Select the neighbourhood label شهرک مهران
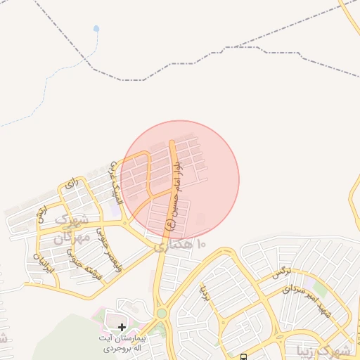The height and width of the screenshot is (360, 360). click(x=70, y=229)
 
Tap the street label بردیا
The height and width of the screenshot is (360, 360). click(x=205, y=291)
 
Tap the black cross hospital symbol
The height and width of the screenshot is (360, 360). click(x=122, y=327)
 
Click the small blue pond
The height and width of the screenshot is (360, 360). click(x=96, y=29)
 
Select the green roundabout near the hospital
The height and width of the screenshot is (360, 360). click(x=162, y=313)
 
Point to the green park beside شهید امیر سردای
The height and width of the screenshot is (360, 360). click(x=321, y=289)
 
